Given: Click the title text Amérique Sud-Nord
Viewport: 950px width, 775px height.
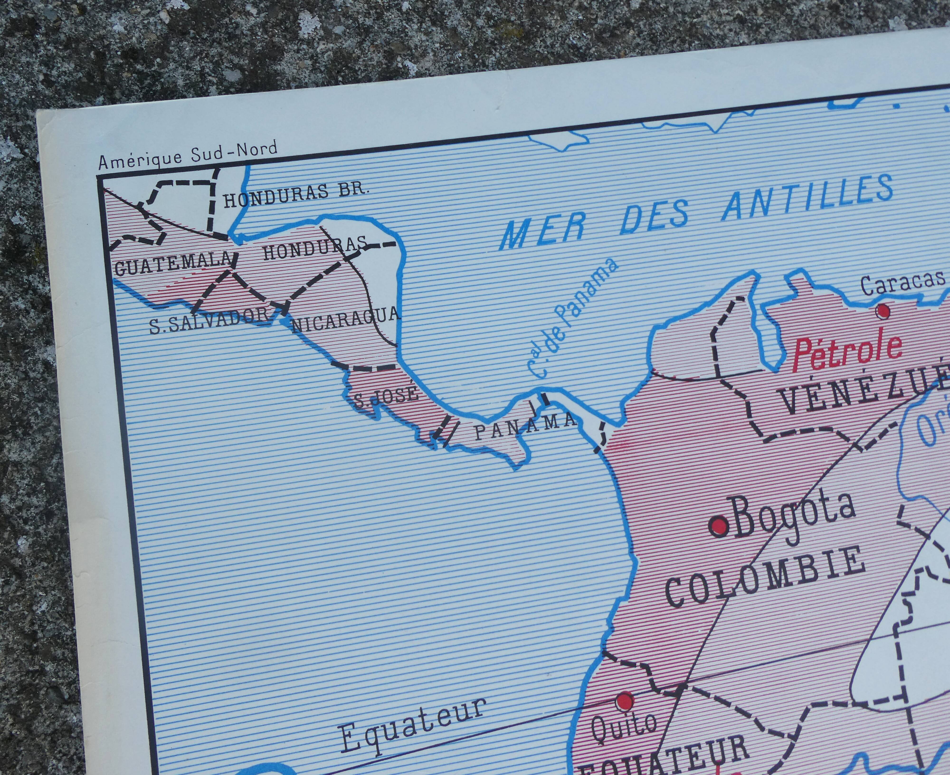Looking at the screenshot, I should [188, 155].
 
